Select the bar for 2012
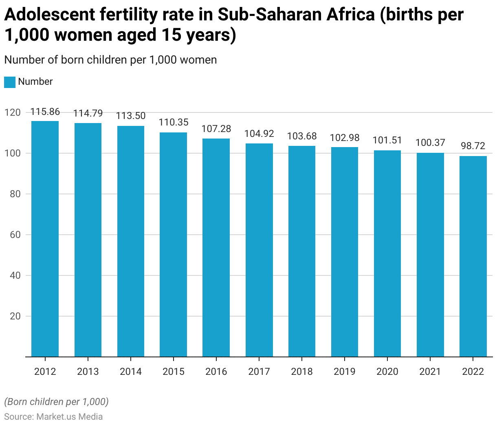coord(45,239)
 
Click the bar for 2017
coord(259,250)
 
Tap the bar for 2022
coord(473,256)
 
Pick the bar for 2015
coord(174,244)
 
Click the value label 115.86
coord(45,112)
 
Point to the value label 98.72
coord(473,146)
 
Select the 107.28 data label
coord(216,129)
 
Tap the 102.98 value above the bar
coord(345,138)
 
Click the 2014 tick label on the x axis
coord(131,372)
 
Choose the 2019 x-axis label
coord(345,372)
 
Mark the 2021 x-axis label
coord(430,372)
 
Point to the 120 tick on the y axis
coord(13,112)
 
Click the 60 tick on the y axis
coord(15,235)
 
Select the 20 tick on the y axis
coord(15,316)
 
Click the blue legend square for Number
coord(10,82)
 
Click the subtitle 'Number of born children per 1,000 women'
coord(110,60)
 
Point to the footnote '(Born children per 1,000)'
coord(56,402)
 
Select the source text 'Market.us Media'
coord(69,416)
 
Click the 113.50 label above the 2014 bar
coord(131,116)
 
